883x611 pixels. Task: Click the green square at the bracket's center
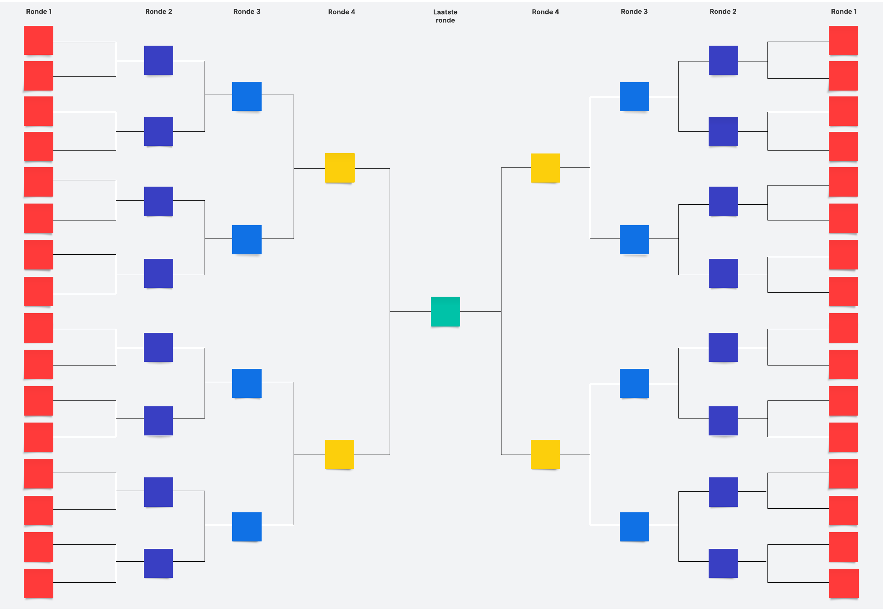(445, 311)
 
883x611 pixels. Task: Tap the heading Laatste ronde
(445, 16)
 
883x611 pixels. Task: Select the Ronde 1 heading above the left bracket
(39, 11)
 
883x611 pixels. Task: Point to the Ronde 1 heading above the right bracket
(844, 11)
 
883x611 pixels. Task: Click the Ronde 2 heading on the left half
(159, 11)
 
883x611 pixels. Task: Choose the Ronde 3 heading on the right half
(634, 11)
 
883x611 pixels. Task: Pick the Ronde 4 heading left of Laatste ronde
(342, 12)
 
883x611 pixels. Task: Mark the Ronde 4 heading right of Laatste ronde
(545, 12)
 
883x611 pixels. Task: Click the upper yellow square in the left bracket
(340, 168)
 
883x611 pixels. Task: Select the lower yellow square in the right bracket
(545, 455)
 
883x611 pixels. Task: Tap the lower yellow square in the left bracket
(340, 455)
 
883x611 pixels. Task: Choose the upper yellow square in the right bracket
(545, 168)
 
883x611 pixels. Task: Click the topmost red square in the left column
(39, 40)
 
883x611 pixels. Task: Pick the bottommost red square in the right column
(844, 583)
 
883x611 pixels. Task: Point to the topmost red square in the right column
(843, 40)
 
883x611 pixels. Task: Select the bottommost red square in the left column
(39, 583)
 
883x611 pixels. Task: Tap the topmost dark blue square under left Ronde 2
(159, 60)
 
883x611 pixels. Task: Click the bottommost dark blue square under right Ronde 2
(723, 563)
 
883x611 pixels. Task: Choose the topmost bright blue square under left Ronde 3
(247, 96)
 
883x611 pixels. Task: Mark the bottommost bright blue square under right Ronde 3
(634, 527)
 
